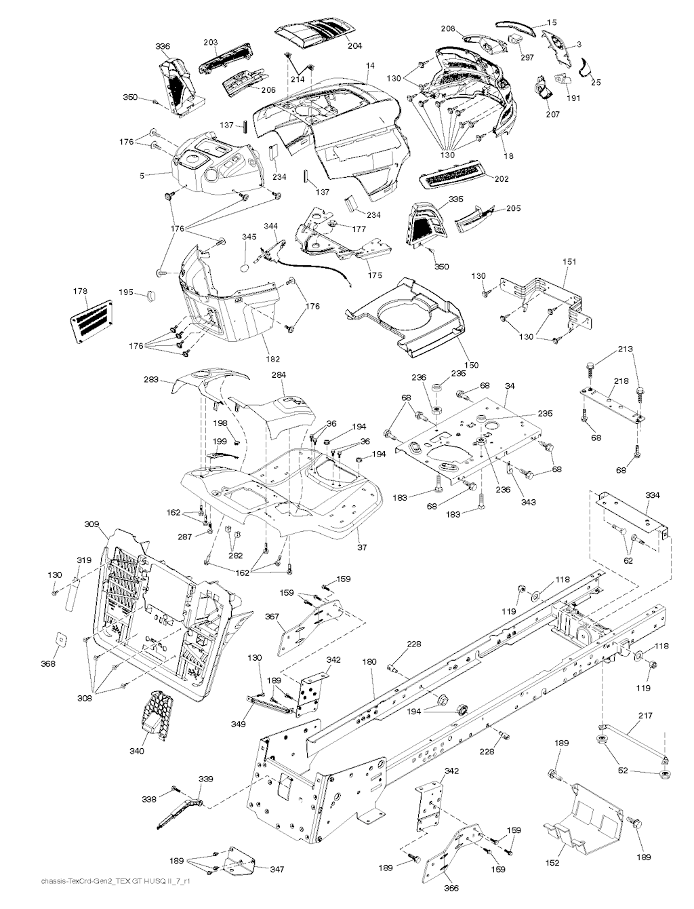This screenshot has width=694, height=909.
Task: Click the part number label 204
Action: tap(354, 46)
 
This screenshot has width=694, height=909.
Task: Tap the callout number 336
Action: tap(163, 46)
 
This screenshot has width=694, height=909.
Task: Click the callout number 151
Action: tap(571, 261)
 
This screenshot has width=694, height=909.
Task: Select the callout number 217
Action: tap(645, 716)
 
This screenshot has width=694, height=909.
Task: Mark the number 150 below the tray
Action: tap(453, 365)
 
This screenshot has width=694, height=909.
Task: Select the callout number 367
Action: tap(272, 617)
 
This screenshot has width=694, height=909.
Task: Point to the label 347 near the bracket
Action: tap(277, 869)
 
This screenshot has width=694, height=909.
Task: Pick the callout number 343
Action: tap(528, 503)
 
